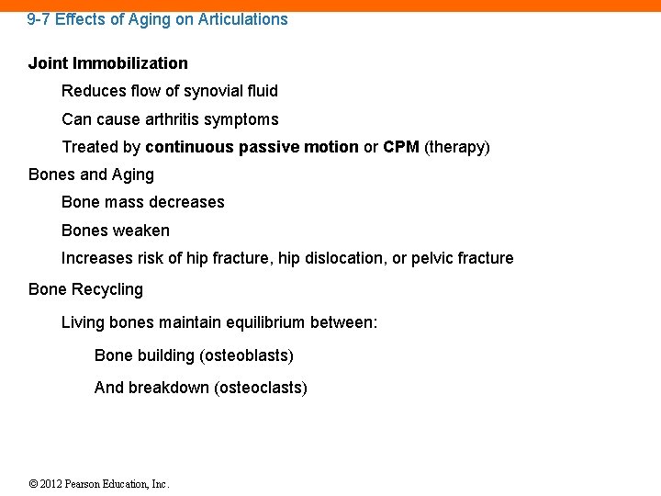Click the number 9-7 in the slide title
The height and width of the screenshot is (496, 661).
click(39, 19)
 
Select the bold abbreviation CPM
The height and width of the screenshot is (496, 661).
click(401, 147)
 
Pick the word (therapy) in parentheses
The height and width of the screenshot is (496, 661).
click(457, 147)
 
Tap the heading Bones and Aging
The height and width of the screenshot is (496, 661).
click(91, 175)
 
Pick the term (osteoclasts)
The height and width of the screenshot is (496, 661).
click(261, 388)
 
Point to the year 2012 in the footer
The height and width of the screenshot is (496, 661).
click(50, 484)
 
